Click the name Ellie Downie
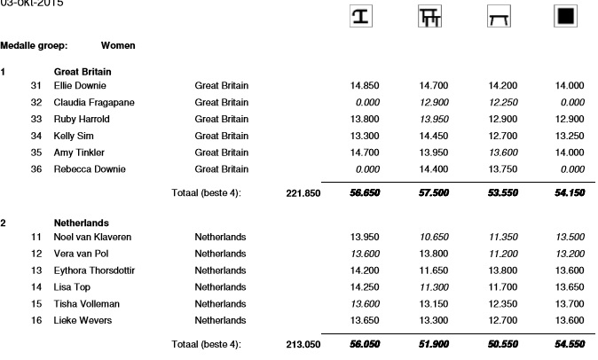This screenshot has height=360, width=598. (81, 86)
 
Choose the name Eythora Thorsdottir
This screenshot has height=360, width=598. (95, 270)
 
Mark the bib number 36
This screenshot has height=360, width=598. (36, 169)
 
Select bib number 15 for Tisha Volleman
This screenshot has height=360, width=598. (36, 304)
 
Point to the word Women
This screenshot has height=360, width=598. (118, 43)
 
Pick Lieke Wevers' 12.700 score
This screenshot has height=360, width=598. (504, 320)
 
